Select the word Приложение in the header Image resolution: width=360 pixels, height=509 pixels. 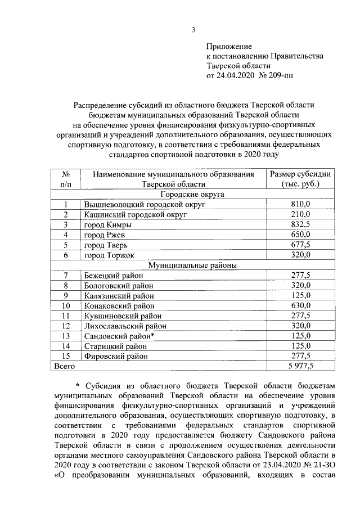point(229,46)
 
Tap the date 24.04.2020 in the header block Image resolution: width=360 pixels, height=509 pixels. point(235,75)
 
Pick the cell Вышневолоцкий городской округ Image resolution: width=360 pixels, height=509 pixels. point(136,204)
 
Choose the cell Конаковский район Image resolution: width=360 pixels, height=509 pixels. point(118,305)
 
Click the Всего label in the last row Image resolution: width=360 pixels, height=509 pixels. point(64,366)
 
